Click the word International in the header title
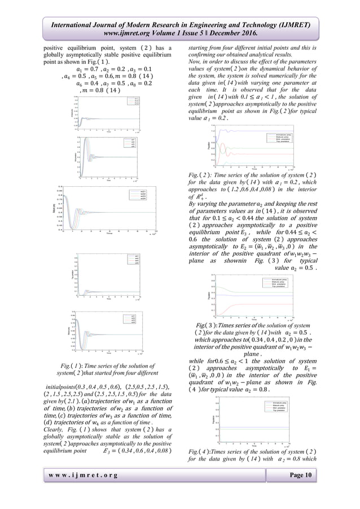(x=72, y=21)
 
